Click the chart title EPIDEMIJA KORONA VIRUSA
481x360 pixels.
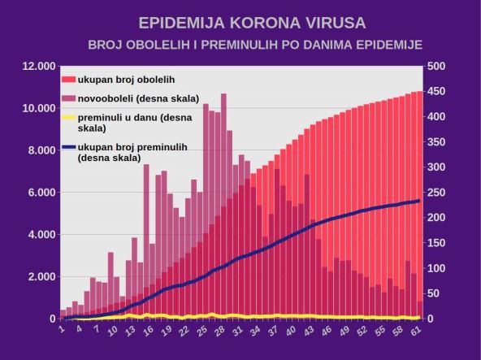click(x=240, y=22)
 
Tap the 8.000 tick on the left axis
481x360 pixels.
click(x=40, y=150)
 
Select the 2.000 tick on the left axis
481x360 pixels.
click(x=40, y=277)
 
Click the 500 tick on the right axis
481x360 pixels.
click(x=436, y=67)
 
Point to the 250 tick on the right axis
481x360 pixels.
click(x=436, y=193)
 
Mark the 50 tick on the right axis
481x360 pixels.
click(x=434, y=293)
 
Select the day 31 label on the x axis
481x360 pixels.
click(x=238, y=331)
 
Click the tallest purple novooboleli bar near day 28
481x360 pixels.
click(x=223, y=163)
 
